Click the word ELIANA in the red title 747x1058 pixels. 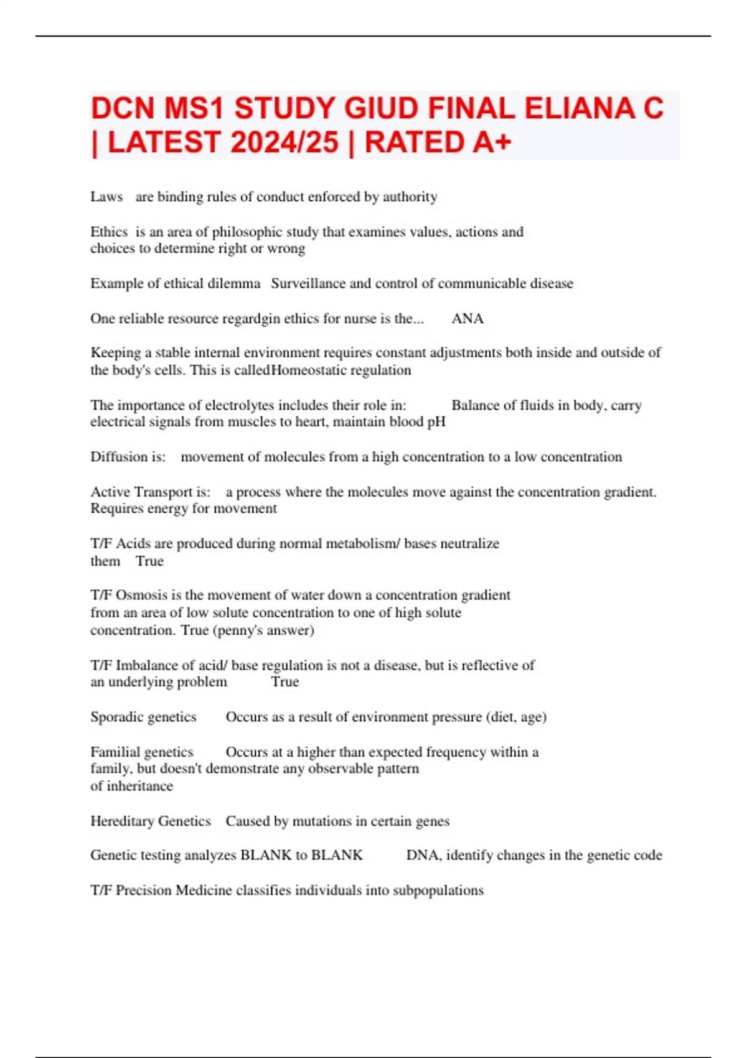(579, 108)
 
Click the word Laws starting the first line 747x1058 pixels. (106, 197)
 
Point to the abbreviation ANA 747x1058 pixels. (467, 319)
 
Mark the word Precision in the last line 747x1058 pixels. (143, 891)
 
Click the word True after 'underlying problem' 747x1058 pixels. (285, 682)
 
